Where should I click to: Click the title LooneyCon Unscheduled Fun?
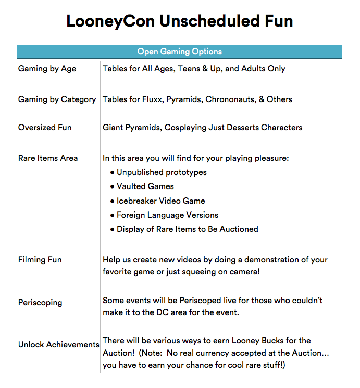(180, 21)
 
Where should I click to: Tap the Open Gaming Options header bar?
(180, 52)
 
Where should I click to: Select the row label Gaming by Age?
(47, 69)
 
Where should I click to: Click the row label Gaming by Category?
(57, 99)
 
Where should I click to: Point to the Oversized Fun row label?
(45, 128)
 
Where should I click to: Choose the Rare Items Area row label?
(48, 158)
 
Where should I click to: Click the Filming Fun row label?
(40, 259)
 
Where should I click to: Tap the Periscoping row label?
(40, 302)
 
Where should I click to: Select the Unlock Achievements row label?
(58, 345)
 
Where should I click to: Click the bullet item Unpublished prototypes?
(162, 172)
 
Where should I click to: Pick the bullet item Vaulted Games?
(145, 186)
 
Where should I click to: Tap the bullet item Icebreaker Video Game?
(160, 201)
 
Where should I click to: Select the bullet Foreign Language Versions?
(167, 215)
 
